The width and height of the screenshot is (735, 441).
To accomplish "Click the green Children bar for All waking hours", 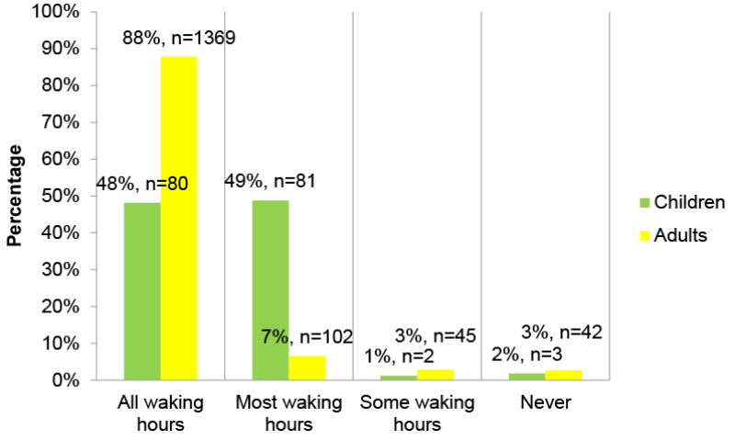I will coord(142,290).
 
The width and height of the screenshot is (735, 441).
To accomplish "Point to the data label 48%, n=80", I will coord(142,184).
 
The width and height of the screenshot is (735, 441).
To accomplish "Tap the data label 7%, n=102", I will coord(308,336).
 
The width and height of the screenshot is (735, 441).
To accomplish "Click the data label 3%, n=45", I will coord(435,336).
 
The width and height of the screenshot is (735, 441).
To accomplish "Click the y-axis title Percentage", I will coord(15,196).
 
